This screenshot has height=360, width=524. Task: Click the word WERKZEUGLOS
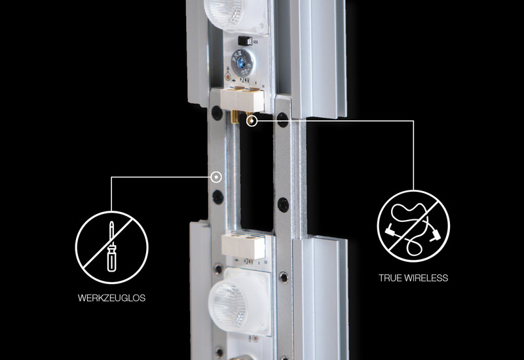[x=111, y=298]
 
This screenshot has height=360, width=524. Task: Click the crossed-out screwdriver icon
[x=111, y=247]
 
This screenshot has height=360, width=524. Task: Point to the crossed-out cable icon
[x=413, y=226]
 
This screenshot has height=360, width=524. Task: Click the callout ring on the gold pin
[x=252, y=120]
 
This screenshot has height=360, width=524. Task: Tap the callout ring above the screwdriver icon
[x=216, y=177]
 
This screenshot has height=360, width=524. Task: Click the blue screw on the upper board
[x=242, y=62]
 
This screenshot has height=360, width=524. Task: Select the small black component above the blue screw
[x=245, y=41]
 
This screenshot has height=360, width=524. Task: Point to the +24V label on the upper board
[x=244, y=81]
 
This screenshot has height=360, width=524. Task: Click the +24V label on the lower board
[x=248, y=262]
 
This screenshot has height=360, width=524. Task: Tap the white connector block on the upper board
[x=242, y=100]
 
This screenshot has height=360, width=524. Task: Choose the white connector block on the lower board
[x=243, y=247]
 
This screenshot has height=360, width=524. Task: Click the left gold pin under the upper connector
[x=234, y=117]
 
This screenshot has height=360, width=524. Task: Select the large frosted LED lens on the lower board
[x=239, y=302]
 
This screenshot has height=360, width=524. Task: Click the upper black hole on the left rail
[x=217, y=113]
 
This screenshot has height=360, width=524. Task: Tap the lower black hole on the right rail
[x=283, y=205]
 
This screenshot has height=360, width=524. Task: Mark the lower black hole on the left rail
[x=218, y=197]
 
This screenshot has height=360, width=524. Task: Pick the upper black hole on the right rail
[x=283, y=120]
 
